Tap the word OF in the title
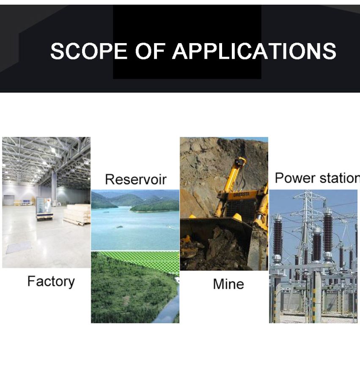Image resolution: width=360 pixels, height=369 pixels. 150,51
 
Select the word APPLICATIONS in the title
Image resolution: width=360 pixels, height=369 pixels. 254,51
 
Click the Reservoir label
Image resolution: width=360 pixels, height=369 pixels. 136,179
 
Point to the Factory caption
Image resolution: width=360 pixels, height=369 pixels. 51,282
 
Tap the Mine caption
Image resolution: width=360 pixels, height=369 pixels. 228,284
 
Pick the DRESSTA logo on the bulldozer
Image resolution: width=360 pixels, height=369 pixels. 242,195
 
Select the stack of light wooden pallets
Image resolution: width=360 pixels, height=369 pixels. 77,215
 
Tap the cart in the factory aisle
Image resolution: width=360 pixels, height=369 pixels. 44,209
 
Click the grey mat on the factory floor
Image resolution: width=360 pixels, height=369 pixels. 19,248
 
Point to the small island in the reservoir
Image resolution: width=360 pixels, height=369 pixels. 119,227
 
